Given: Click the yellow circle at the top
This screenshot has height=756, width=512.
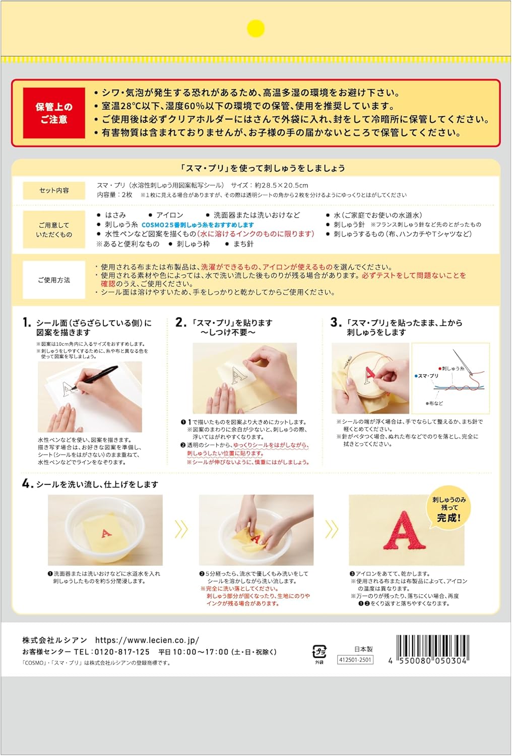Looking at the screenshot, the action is [255, 28].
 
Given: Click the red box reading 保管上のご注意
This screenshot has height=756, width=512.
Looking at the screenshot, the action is [54, 113].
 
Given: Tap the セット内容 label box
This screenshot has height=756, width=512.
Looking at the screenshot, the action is [54, 191].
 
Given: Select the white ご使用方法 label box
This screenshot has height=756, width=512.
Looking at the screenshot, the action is [54, 280].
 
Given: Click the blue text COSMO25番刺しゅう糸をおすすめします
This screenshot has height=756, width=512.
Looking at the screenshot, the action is [198, 225].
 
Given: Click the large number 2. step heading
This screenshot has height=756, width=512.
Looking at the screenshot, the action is [181, 323].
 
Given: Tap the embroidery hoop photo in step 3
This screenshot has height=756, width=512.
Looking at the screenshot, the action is [370, 379].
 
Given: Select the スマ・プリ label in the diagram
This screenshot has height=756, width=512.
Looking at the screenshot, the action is [427, 375].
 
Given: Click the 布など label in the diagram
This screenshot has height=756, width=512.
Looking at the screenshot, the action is [435, 403].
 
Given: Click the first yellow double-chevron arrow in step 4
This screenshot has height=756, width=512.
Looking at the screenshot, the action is [181, 529].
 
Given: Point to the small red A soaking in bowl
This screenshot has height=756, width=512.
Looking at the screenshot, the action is [106, 533].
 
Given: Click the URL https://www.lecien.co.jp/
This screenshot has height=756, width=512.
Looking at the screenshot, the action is [147, 640].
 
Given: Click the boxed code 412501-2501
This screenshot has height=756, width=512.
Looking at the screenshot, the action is [355, 659].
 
